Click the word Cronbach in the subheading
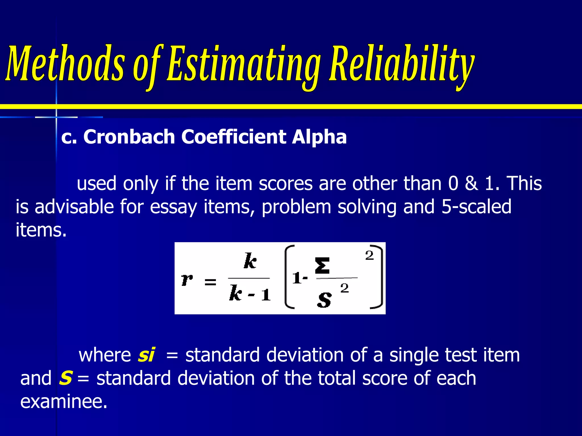click(x=129, y=137)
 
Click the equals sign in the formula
click(x=210, y=282)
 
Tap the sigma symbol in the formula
click(x=322, y=265)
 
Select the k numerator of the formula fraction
click(x=250, y=261)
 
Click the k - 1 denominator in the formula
click(x=250, y=294)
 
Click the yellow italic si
click(x=146, y=355)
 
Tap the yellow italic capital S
click(x=65, y=378)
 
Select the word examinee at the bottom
click(x=64, y=401)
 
